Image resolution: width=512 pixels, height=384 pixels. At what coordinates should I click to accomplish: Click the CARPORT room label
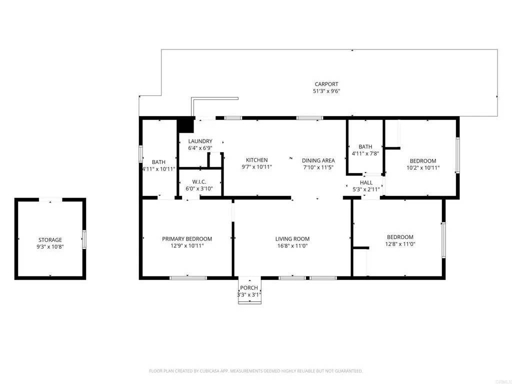(326, 84)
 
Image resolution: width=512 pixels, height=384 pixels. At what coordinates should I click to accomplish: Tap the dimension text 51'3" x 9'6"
(326, 91)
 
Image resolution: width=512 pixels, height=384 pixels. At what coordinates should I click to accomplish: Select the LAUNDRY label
(200, 141)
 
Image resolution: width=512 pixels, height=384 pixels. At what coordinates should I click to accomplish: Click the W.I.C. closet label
(199, 182)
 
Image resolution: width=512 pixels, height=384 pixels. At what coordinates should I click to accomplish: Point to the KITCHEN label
(256, 160)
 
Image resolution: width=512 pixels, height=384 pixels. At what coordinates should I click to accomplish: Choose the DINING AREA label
(318, 160)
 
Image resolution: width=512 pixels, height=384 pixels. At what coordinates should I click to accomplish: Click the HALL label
(366, 182)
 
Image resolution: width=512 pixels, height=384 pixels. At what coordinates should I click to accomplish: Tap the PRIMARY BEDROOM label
(187, 239)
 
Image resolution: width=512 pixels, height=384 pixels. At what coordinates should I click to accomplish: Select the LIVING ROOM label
(292, 239)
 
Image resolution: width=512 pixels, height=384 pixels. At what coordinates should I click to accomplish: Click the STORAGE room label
(50, 240)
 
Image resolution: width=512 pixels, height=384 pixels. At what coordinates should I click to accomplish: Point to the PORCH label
(249, 287)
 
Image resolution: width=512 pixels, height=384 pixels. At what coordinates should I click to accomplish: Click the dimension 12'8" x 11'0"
(400, 244)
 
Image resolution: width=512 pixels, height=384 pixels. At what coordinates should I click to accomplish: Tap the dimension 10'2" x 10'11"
(423, 168)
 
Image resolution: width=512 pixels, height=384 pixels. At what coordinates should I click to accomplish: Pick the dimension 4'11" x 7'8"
(365, 153)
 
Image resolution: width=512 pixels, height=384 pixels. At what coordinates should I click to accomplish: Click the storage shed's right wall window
(84, 239)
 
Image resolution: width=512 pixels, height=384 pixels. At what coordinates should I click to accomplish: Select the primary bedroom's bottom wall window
(188, 278)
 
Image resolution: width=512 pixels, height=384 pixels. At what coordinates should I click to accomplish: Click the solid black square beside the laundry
(185, 125)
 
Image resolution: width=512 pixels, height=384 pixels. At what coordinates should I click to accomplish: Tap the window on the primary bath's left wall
(140, 154)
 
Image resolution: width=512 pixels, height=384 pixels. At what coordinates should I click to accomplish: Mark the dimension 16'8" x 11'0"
(292, 246)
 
